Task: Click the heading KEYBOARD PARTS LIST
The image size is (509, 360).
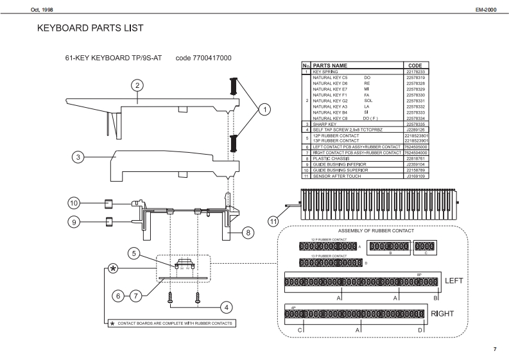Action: (91, 28)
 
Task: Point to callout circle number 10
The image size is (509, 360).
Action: (74, 203)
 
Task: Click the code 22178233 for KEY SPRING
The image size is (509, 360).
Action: (415, 71)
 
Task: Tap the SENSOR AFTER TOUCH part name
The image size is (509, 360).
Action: (338, 175)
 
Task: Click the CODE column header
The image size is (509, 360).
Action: (414, 65)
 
